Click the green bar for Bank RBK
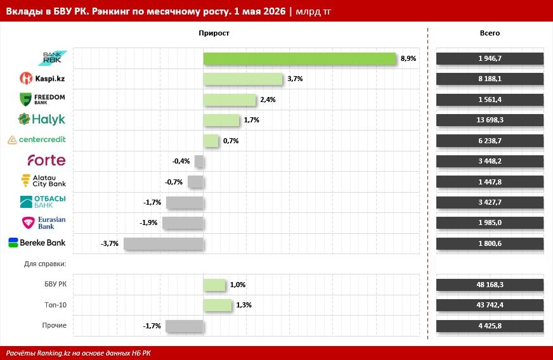299,58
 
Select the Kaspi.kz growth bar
243,79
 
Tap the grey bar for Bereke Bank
163,243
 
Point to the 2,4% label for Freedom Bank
268,100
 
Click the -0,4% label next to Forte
181,161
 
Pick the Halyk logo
42,119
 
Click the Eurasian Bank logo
44,223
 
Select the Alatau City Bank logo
44,181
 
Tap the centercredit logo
37,139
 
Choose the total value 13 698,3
490,120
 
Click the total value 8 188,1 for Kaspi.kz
490,79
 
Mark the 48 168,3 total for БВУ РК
490,285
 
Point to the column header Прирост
214,33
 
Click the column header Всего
490,33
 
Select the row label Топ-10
55,305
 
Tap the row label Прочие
55,325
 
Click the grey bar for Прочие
185,326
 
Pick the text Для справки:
45,264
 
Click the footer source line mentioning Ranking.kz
78,353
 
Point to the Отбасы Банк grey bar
185,203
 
